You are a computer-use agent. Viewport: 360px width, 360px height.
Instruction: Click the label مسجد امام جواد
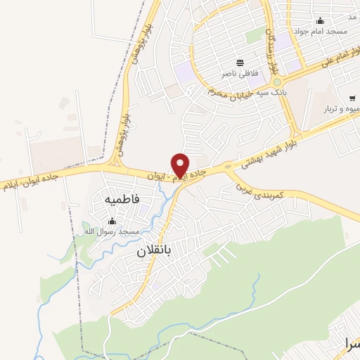tap(331, 32)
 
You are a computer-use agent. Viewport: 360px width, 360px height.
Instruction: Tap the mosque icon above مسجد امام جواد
tap(321, 21)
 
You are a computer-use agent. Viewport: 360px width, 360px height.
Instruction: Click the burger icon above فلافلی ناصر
tap(240, 63)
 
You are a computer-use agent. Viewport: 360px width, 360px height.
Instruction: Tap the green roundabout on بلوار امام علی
tap(277, 82)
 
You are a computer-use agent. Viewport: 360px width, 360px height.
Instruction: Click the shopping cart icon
tap(351, 98)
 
